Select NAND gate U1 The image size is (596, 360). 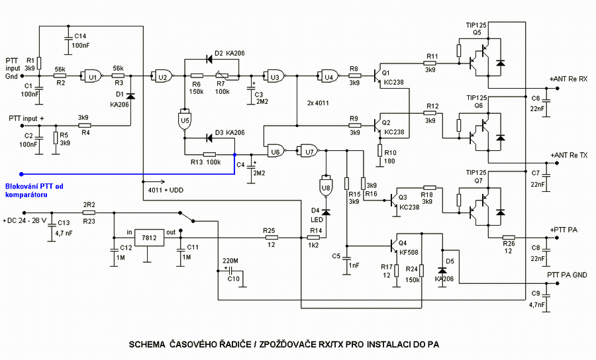92,76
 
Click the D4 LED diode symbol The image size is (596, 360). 326,212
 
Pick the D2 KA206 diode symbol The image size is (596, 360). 209,60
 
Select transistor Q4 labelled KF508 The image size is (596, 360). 395,246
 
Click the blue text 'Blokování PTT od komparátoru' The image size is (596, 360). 34,190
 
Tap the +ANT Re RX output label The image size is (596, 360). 569,79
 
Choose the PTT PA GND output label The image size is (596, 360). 567,275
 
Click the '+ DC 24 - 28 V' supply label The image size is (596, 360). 25,220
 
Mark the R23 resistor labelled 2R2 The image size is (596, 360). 89,212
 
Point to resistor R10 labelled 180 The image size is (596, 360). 379,151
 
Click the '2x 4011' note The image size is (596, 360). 318,103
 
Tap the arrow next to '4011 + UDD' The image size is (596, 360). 154,181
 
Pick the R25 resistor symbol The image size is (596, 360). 271,238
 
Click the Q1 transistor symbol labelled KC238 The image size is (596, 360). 377,76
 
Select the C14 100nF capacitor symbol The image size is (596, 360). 68,39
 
